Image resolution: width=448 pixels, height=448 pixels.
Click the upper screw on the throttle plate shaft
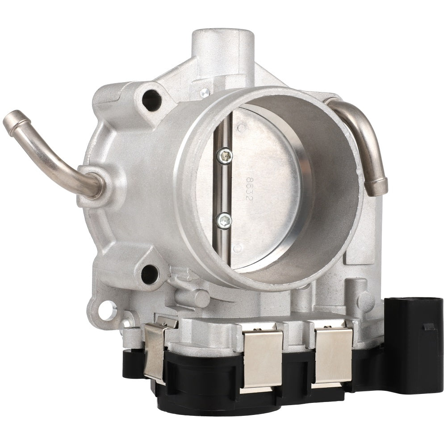pyautogui.click(x=225, y=156)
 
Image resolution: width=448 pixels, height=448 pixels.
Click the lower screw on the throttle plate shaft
pyautogui.click(x=224, y=221)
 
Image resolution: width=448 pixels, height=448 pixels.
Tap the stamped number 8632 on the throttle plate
pyautogui.click(x=249, y=188)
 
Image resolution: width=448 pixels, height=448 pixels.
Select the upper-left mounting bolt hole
pyautogui.click(x=151, y=100)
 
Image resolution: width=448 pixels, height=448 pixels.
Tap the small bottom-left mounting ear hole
pyautogui.click(x=106, y=310)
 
